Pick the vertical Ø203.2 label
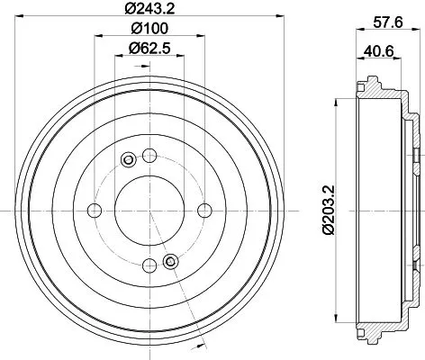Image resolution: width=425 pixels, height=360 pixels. pyautogui.click(x=330, y=207)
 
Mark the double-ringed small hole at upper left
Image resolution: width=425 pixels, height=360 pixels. pyautogui.click(x=127, y=160)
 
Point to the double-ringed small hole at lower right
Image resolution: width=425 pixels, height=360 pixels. pyautogui.click(x=169, y=262)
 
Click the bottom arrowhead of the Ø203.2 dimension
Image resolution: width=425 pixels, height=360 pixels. pyautogui.click(x=335, y=326)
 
